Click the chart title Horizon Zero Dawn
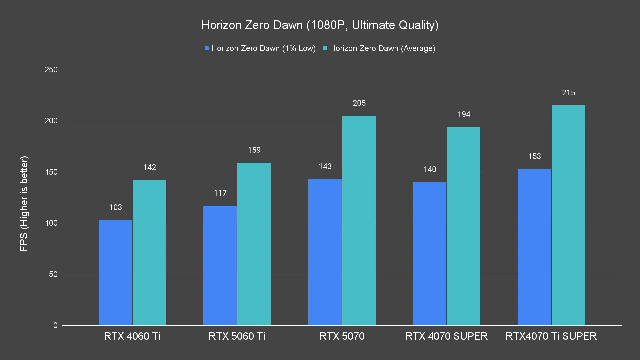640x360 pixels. pyautogui.click(x=320, y=25)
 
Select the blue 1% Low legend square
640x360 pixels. pyautogui.click(x=207, y=49)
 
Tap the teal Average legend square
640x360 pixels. pyautogui.click(x=325, y=49)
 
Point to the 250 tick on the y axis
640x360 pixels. pyautogui.click(x=51, y=70)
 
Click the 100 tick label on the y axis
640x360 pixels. pyautogui.click(x=51, y=223)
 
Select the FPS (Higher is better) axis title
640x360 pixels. pyautogui.click(x=24, y=204)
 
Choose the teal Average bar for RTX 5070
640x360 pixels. pyautogui.click(x=359, y=220)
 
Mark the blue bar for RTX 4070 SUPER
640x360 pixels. pyautogui.click(x=430, y=254)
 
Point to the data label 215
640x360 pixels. pyautogui.click(x=568, y=93)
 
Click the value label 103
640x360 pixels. pyautogui.click(x=115, y=207)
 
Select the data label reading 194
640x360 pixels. pyautogui.click(x=464, y=114)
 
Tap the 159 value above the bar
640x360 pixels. pyautogui.click(x=254, y=150)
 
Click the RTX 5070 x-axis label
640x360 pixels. pyautogui.click(x=342, y=336)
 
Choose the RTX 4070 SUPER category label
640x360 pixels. pyautogui.click(x=446, y=336)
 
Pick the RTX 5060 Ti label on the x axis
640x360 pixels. pyautogui.click(x=237, y=336)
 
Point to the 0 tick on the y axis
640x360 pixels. pyautogui.click(x=55, y=325)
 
